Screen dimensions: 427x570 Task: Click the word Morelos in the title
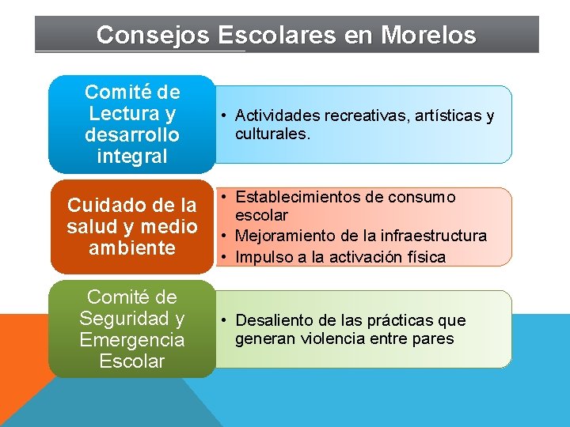click(428, 36)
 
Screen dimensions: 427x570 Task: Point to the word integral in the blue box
click(132, 156)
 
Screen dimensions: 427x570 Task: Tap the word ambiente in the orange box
click(132, 248)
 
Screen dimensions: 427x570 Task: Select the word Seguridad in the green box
click(132, 319)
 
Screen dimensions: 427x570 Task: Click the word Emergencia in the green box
click(132, 340)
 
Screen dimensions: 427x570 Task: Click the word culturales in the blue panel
click(271, 134)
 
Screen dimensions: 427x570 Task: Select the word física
click(424, 257)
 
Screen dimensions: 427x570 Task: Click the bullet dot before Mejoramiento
click(225, 236)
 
